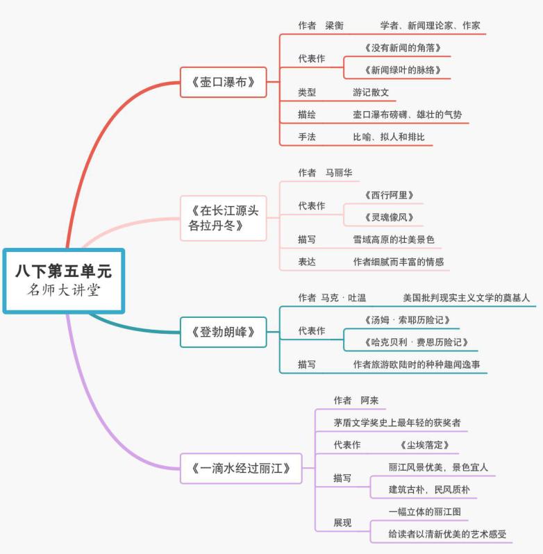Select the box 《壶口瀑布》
point(224,82)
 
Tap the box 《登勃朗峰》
point(224,332)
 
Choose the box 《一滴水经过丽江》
point(241,469)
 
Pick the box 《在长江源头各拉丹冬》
point(224,218)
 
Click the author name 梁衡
point(334,26)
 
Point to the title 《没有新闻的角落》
point(403,48)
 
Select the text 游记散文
point(371,92)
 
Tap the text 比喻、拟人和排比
point(389,137)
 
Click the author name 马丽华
point(339,172)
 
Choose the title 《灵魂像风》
point(389,217)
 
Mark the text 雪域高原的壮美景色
point(394,240)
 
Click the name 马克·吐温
point(344,298)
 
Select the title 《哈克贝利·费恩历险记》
point(416,342)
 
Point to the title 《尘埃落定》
point(424,445)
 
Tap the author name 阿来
point(369,401)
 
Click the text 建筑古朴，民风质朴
point(429,489)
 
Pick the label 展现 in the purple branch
point(342,523)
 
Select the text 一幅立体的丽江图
point(425,512)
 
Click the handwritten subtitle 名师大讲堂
point(64,290)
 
